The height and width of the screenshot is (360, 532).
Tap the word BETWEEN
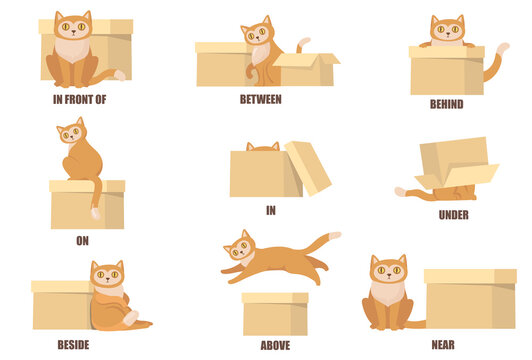[260, 99]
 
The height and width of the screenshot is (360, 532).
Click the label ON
[82, 240]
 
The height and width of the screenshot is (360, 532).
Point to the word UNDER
[453, 215]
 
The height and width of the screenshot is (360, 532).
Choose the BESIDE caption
[73, 344]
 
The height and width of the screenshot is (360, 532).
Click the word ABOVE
[275, 345]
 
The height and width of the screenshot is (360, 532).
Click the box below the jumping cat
[275, 314]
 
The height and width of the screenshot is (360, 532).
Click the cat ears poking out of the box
[263, 147]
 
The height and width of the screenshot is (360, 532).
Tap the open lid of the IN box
[309, 166]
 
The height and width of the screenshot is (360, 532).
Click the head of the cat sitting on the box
[71, 133]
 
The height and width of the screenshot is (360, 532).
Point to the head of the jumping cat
[239, 246]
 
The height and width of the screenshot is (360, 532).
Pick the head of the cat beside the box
[106, 276]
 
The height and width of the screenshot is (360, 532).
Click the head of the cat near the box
[388, 271]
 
